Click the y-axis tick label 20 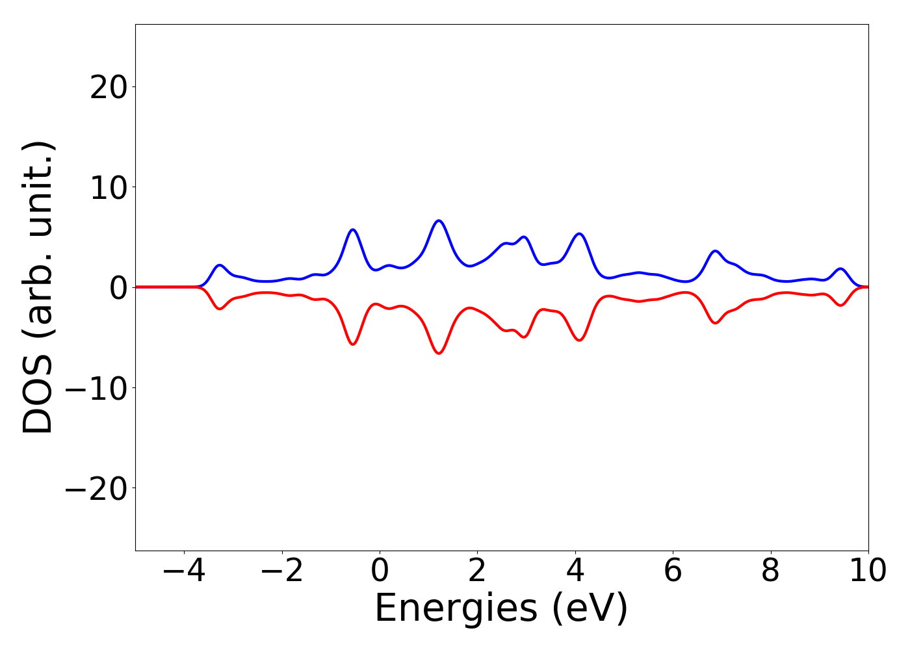108,87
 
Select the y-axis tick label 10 108,187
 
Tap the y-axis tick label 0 117,287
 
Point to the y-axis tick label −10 96,388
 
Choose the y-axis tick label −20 96,488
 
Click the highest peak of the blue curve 439,221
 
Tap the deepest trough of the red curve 439,353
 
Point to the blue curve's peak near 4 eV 579,234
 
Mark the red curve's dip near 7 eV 716,323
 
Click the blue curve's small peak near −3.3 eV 220,265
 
